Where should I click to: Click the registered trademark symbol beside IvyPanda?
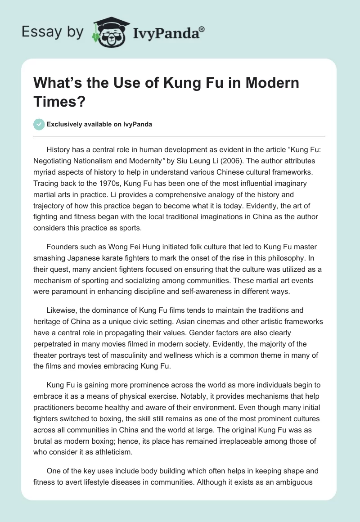pos(202,29)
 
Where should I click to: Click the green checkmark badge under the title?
pos(39,124)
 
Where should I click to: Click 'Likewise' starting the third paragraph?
pos(61,310)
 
